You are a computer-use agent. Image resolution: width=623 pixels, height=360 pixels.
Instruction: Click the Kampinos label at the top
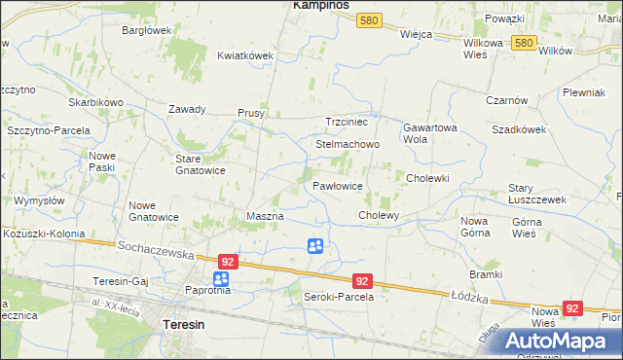[322, 6]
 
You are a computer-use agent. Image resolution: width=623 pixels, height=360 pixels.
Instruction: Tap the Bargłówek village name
[146, 30]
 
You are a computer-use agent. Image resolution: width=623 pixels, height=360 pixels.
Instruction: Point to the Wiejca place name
[416, 33]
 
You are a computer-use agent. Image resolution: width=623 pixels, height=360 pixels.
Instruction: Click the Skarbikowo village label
[95, 102]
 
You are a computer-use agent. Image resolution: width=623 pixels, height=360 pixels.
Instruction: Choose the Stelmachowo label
[347, 144]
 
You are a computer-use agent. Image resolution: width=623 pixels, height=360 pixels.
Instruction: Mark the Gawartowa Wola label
[429, 133]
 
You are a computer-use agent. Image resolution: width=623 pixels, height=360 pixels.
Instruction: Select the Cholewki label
[427, 178]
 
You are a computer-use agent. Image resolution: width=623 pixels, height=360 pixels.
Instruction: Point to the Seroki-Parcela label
[339, 296]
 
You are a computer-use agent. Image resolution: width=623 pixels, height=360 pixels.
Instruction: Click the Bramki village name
[485, 274]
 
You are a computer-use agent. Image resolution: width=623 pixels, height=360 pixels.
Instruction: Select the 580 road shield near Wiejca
[368, 20]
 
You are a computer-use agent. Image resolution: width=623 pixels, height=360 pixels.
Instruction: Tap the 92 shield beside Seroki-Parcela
[362, 280]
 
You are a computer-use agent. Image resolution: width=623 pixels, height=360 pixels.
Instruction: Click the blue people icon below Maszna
[315, 247]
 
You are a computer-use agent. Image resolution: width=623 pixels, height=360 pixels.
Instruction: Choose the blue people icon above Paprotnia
[221, 280]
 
